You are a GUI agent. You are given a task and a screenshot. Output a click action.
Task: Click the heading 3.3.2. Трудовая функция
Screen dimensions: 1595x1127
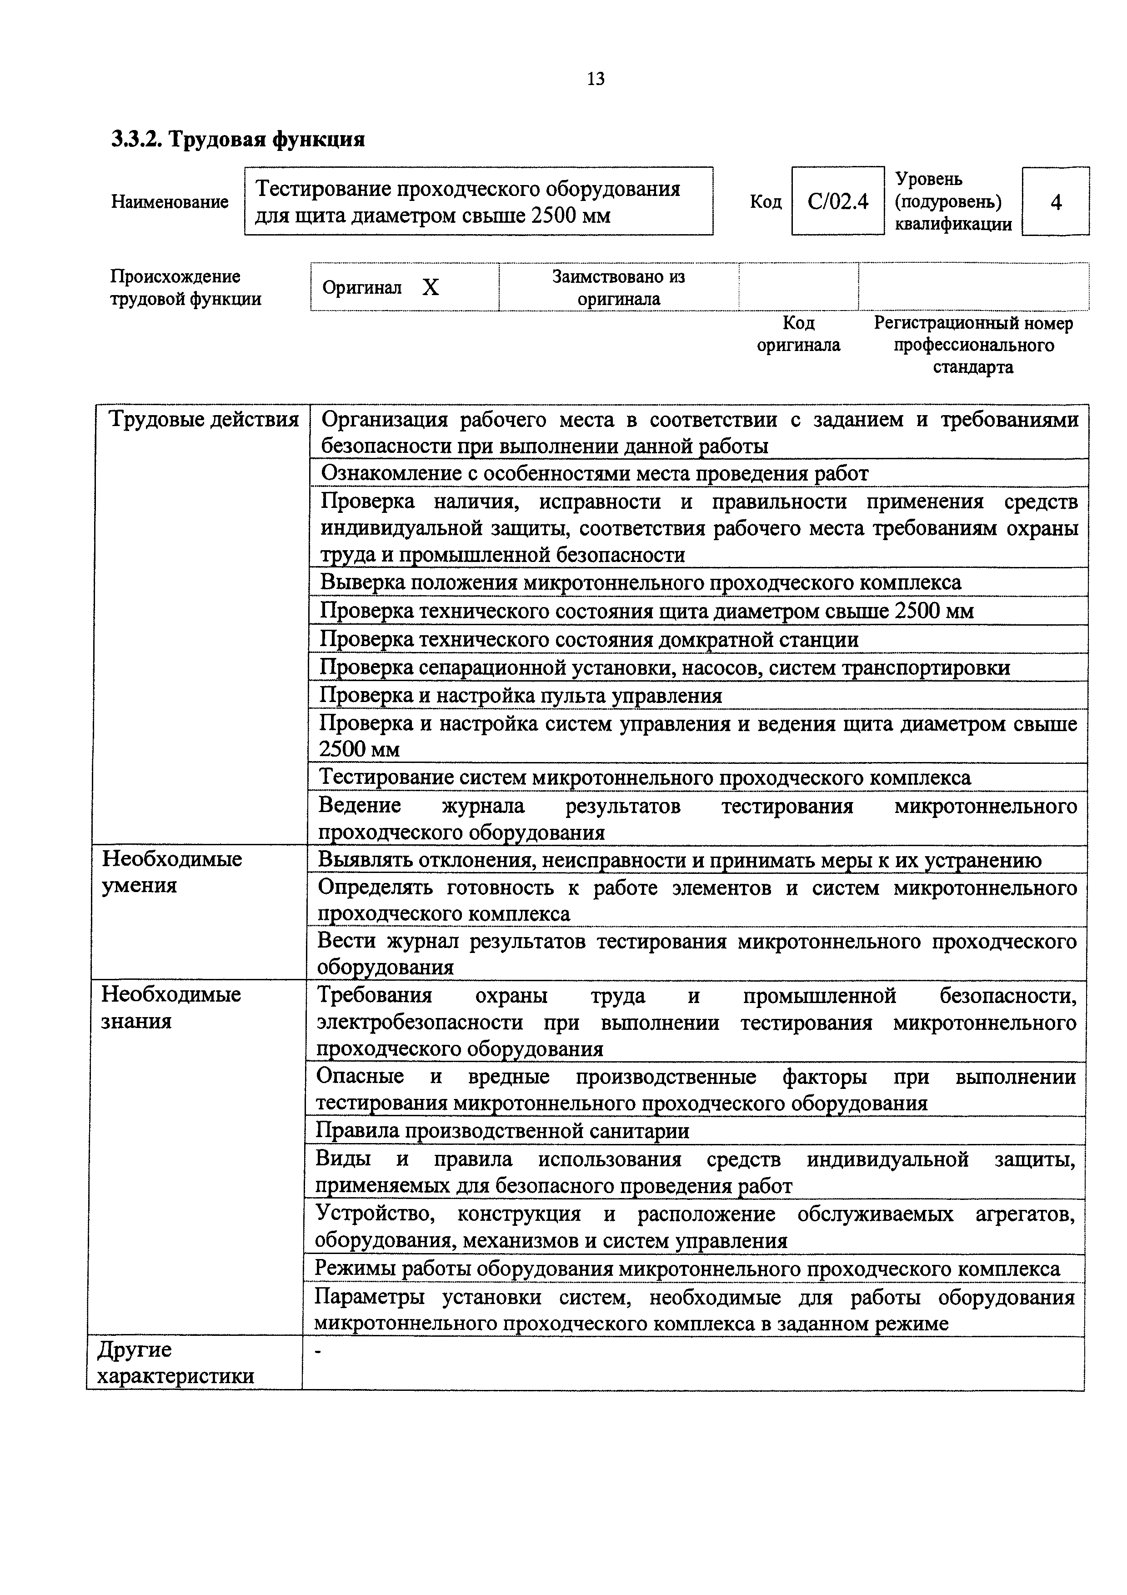tap(238, 140)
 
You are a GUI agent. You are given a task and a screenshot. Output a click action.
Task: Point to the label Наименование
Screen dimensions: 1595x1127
tap(170, 202)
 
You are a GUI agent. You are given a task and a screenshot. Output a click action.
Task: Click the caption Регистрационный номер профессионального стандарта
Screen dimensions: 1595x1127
tap(973, 345)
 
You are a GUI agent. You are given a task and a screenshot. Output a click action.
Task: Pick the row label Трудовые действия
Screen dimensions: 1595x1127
tap(204, 420)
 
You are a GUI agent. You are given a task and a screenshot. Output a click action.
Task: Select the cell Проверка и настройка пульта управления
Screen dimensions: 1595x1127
tap(521, 695)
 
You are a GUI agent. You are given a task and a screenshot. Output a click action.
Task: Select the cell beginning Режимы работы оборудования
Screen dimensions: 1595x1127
tap(687, 1269)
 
